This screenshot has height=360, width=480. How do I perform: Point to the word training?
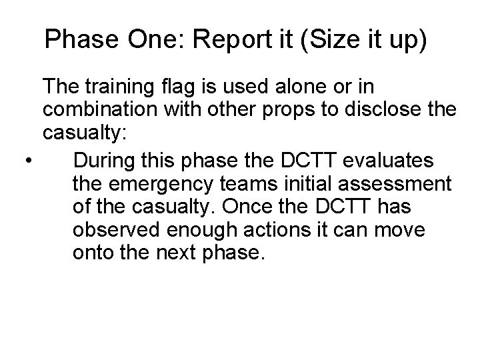[123, 87]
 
